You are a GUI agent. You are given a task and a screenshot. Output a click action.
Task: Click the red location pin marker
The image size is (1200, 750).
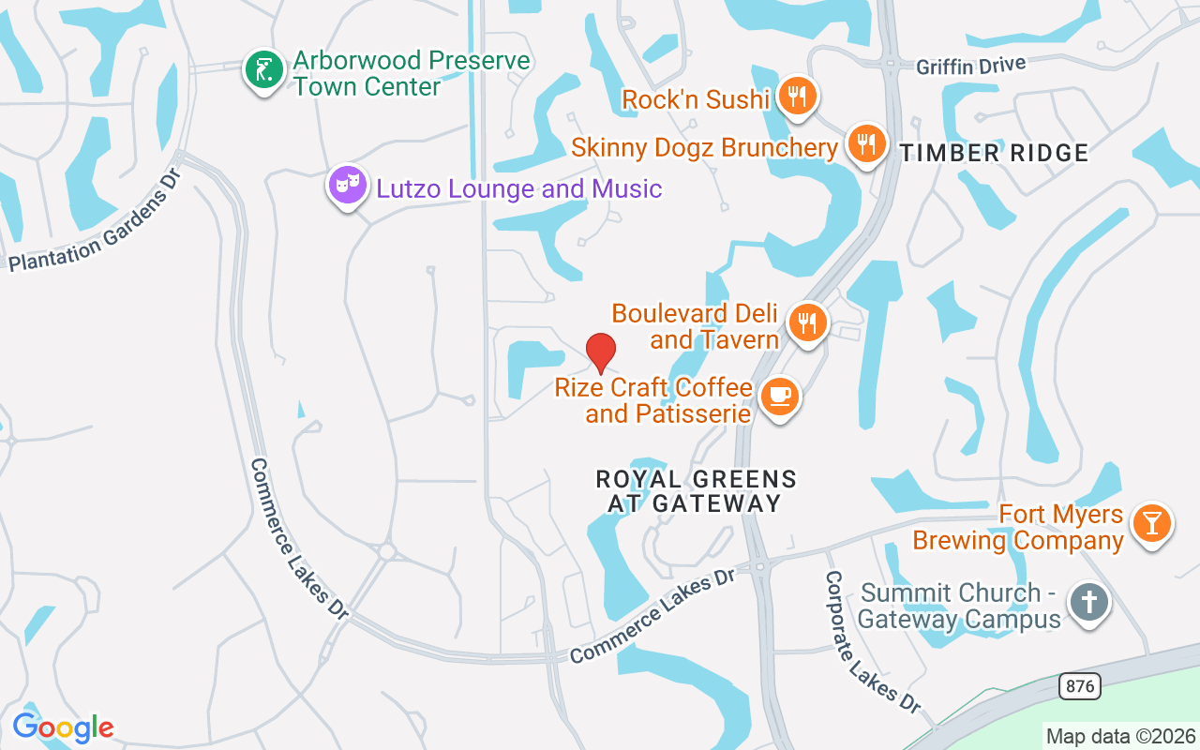tap(601, 352)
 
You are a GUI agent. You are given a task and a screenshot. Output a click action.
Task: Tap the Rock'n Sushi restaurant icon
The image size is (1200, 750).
tap(797, 97)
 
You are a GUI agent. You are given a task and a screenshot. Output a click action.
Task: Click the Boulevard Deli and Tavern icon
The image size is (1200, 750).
tap(806, 322)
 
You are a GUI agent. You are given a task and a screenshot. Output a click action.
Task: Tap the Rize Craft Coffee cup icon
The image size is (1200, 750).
tap(779, 397)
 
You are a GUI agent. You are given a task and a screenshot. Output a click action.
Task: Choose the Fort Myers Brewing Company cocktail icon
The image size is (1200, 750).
tap(1150, 522)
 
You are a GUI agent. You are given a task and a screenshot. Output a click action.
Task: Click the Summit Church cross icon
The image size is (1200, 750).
tap(1088, 601)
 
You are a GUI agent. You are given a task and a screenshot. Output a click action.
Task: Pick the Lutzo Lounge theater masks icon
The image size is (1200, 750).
tap(347, 185)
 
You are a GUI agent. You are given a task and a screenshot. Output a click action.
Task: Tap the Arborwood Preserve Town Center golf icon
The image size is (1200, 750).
tap(264, 70)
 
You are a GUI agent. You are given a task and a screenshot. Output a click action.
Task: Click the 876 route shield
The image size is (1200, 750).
tap(1080, 686)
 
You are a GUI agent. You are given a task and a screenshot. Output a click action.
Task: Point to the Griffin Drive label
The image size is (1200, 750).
tap(970, 65)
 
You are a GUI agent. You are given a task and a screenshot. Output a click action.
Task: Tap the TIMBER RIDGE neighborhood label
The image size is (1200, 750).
tap(995, 154)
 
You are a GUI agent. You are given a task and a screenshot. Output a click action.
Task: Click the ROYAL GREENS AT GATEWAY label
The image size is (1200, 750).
tap(697, 491)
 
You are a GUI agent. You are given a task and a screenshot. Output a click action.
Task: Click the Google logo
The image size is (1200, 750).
tap(63, 727)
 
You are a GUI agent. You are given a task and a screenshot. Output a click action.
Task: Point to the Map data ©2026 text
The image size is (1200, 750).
tap(1121, 736)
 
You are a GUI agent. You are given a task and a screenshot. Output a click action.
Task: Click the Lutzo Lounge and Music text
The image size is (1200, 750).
tap(519, 188)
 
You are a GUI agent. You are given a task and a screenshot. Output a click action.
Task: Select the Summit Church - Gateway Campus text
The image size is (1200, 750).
tap(960, 606)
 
